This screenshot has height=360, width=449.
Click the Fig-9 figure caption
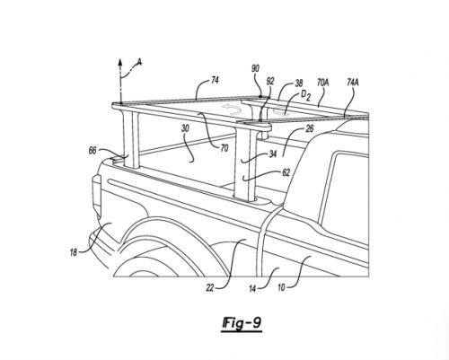[x=242, y=324]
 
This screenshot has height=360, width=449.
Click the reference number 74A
[x=353, y=83]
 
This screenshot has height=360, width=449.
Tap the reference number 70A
[x=322, y=83]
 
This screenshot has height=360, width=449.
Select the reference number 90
[x=255, y=69]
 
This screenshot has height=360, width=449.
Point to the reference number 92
[x=270, y=82]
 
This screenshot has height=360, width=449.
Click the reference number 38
[x=299, y=83]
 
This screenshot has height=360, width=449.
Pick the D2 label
[x=305, y=95]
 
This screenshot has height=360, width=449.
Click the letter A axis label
[x=139, y=62]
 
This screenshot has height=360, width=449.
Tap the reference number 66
[x=92, y=151]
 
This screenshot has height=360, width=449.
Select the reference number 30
[x=186, y=128]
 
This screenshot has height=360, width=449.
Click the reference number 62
[x=286, y=172]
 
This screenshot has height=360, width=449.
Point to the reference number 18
[x=74, y=253]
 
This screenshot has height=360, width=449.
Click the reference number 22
[x=210, y=287]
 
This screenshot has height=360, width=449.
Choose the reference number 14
[x=252, y=289]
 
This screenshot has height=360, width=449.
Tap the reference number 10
[x=281, y=288]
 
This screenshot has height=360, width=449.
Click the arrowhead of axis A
[x=120, y=62]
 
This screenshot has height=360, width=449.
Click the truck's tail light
[x=97, y=195]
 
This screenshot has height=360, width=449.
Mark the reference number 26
[x=310, y=128]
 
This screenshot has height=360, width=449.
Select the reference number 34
[x=273, y=154]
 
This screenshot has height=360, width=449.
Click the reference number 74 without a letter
[x=215, y=81]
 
